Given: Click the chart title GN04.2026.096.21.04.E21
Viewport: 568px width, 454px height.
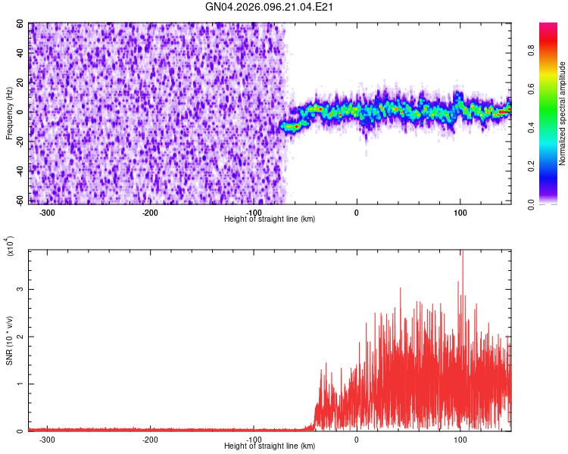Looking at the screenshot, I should (270, 8).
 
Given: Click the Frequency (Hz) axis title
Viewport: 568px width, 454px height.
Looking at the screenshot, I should (10, 113).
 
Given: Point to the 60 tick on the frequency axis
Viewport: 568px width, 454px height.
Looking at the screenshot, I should (20, 24).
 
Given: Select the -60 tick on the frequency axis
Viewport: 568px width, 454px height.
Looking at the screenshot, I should (19, 201).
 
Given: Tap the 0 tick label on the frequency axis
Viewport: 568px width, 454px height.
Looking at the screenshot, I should (23, 112).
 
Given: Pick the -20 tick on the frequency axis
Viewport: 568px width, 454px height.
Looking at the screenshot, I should (19, 141).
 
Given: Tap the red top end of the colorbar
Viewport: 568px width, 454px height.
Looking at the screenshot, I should (548, 26).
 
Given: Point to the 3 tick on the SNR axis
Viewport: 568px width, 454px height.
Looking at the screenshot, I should (23, 290).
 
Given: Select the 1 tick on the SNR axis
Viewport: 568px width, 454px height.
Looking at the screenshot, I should (23, 384).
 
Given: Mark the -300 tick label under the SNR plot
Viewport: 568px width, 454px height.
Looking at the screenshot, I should (47, 439).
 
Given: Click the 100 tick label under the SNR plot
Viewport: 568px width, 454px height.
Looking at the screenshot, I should (460, 439).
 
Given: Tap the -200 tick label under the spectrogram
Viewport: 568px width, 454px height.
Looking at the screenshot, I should (150, 212).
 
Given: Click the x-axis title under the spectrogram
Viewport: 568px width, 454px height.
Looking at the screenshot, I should (270, 219).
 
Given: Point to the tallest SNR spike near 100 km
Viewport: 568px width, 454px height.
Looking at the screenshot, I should (462, 254).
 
